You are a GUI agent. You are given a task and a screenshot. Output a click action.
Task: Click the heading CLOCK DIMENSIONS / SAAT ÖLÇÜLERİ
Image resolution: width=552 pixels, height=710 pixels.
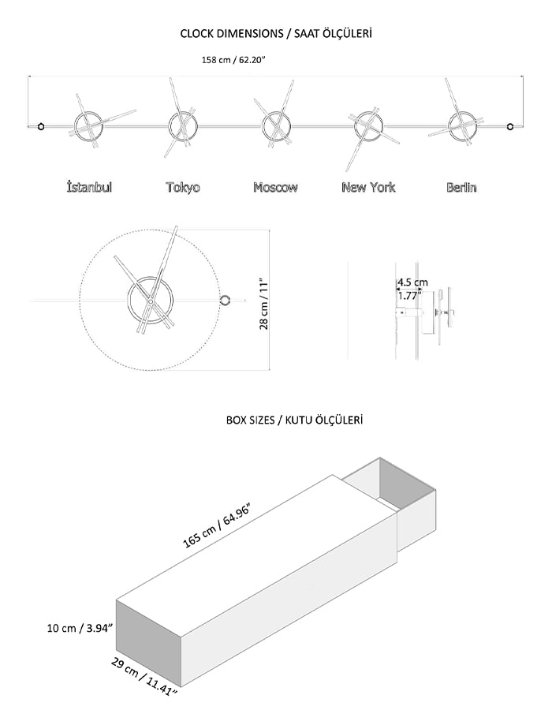click(x=276, y=34)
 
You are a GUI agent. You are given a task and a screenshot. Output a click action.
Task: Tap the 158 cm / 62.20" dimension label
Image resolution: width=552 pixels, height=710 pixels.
click(x=233, y=60)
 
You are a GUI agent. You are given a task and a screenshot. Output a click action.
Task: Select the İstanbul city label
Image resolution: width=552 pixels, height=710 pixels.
click(x=89, y=186)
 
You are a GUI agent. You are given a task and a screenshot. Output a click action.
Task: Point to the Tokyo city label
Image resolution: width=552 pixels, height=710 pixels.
click(x=183, y=187)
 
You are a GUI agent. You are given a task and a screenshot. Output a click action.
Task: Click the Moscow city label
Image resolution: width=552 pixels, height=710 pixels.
click(x=275, y=187)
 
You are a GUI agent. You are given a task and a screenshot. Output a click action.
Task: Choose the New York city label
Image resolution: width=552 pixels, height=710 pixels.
click(x=368, y=187)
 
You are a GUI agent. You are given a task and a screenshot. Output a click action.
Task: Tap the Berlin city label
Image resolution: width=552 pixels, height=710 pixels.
click(x=461, y=187)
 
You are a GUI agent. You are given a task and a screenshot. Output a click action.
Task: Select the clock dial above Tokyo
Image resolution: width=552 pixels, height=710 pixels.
click(x=170, y=126)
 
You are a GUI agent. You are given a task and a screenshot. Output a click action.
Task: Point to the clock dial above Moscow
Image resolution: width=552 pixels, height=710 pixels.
click(x=263, y=126)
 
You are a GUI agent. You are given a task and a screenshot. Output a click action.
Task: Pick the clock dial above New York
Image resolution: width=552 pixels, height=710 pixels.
click(x=356, y=126)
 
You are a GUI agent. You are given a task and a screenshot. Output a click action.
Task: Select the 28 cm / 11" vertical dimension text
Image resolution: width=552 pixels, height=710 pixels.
click(x=264, y=305)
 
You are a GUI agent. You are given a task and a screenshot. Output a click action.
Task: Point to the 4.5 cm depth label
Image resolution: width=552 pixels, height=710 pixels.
click(x=412, y=282)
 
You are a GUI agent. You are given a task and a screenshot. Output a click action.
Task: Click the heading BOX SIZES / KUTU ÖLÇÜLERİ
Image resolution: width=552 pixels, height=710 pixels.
click(x=295, y=420)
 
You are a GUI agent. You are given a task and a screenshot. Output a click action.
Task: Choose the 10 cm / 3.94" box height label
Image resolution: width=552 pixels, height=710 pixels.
click(x=80, y=629)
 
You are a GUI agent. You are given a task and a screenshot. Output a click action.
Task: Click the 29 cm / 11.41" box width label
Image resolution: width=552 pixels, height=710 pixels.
click(x=144, y=678)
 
